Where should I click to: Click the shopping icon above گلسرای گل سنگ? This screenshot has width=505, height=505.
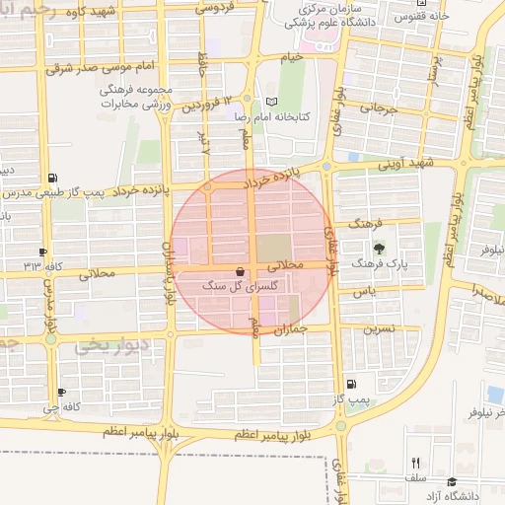[241, 271]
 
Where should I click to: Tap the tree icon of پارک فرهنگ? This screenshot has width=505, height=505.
[377, 249]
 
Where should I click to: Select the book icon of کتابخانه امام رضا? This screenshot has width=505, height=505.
[272, 103]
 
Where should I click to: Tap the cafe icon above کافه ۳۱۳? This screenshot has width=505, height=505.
[42, 252]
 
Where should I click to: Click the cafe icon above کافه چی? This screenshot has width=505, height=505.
[62, 392]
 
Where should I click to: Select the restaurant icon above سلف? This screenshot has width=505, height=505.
[415, 462]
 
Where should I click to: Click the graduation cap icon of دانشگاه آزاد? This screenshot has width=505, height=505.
[452, 481]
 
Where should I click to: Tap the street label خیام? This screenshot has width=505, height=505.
[292, 58]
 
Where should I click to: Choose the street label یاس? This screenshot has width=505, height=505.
[366, 293]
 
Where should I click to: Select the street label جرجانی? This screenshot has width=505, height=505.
[378, 108]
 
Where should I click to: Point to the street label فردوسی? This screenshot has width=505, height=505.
[215, 8]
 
